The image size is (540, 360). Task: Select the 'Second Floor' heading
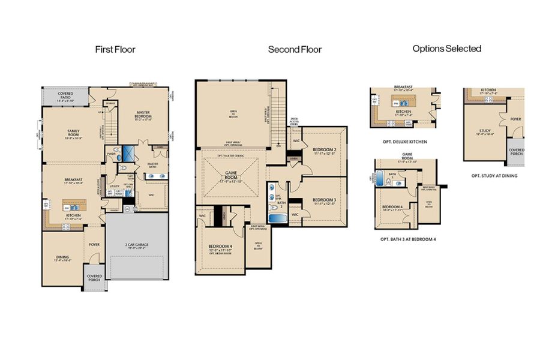[294, 50]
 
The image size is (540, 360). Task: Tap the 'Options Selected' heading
[447, 49]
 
